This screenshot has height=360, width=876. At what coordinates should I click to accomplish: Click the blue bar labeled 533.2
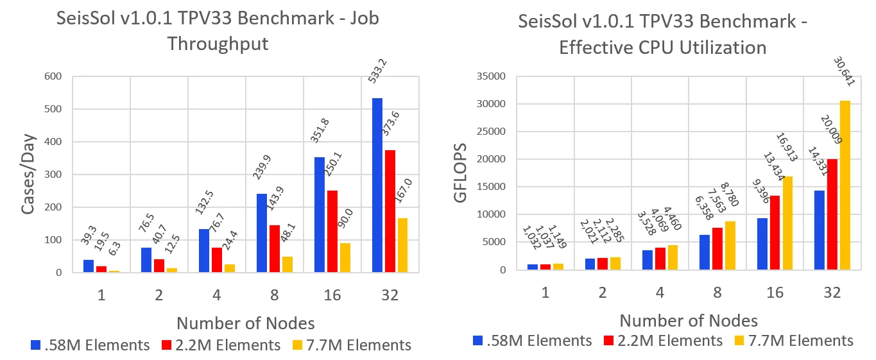pos(377,185)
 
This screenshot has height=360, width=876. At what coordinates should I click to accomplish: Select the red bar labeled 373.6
pos(391,211)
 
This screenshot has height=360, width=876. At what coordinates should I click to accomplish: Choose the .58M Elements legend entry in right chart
pos(532,341)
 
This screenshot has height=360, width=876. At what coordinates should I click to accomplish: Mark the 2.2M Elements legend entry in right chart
pos(662,341)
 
